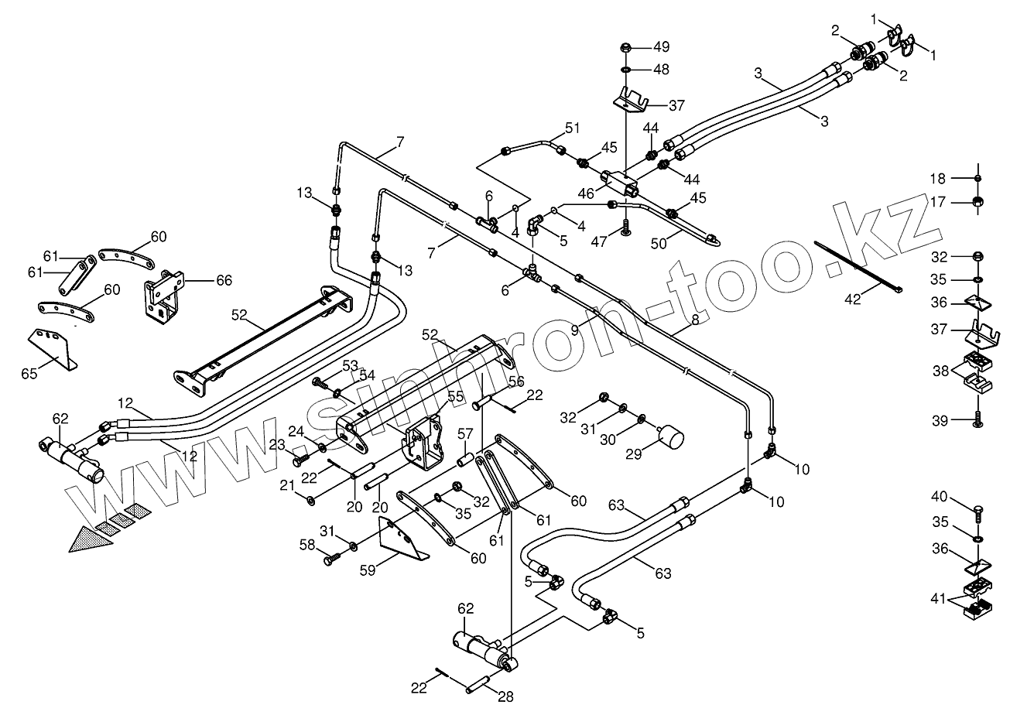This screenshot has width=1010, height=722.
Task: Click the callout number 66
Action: click(x=223, y=280)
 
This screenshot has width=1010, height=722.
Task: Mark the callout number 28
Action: click(x=505, y=696)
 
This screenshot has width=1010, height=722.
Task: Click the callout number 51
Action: click(x=572, y=127)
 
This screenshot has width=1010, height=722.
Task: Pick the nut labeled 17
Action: click(x=977, y=203)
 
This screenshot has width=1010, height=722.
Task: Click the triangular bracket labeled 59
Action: click(x=401, y=541)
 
